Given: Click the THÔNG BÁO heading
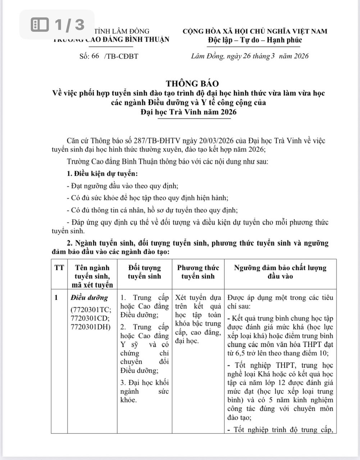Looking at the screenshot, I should [192, 83].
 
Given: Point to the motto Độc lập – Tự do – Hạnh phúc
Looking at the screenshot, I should [255, 40].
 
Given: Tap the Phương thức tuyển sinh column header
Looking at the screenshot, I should [198, 272].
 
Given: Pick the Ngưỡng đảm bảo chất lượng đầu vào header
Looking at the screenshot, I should [280, 272].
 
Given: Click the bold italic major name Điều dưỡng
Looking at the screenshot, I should [89, 298].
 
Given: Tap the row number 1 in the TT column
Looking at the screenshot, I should [56, 298].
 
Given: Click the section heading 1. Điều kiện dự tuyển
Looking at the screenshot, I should [102, 174].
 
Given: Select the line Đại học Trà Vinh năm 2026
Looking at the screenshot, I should [188, 112].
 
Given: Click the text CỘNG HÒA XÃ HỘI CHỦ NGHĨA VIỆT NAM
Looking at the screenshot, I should [255, 31].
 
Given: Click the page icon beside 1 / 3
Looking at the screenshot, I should [40, 25].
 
